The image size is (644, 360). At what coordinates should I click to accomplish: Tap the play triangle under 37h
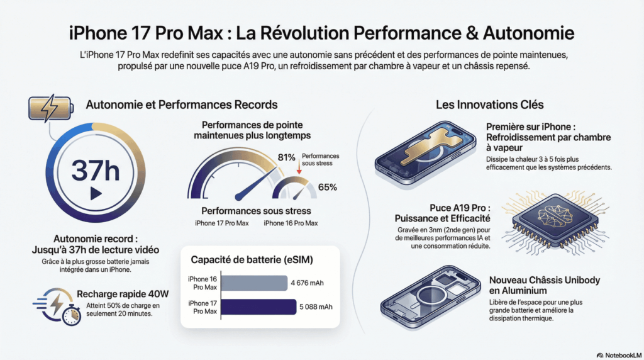(95, 193)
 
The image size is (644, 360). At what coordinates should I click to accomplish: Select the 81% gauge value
(286, 157)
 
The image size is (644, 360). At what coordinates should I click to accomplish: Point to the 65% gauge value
(328, 187)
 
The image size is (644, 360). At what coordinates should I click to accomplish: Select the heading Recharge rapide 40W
(123, 293)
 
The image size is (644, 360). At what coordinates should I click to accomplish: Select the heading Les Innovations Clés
(490, 104)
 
